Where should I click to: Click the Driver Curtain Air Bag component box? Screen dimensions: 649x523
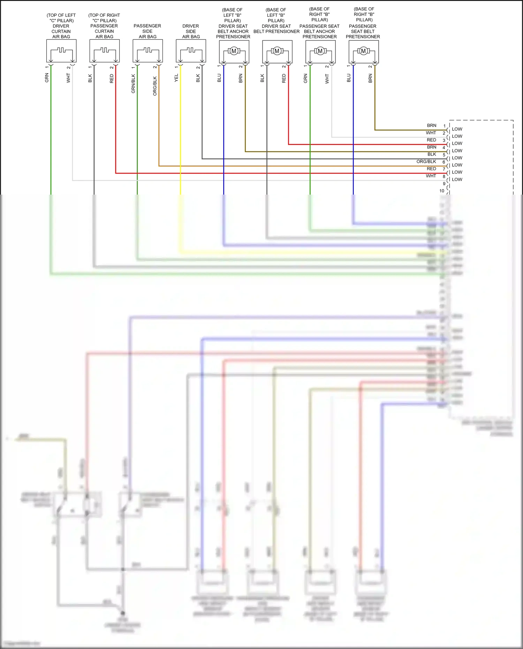[61, 51]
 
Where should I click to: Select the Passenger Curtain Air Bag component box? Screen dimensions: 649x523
[105, 51]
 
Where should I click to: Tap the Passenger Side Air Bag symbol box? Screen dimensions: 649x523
[148, 51]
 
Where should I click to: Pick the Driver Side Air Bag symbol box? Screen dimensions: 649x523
[191, 51]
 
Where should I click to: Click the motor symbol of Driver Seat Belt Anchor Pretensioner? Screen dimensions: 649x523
[234, 51]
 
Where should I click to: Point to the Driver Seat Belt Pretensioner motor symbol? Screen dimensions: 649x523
[277, 51]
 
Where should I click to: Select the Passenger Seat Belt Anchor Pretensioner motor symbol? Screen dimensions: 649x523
[320, 51]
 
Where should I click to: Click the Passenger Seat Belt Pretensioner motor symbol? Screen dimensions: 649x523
[364, 51]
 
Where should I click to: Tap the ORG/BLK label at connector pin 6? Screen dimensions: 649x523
[426, 162]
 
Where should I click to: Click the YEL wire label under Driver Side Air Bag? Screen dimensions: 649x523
[176, 78]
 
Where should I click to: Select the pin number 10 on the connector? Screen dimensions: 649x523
[442, 191]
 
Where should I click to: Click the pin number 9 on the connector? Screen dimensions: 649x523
[444, 184]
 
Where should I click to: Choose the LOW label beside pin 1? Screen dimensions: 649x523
[457, 129]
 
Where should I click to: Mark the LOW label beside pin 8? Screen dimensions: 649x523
[457, 180]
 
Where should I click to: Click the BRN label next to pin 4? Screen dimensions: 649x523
[432, 147]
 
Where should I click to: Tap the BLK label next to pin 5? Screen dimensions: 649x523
[432, 154]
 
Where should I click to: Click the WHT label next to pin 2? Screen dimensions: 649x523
[431, 133]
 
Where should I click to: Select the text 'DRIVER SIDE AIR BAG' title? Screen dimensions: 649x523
[191, 31]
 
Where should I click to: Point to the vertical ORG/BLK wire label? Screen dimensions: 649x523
[155, 86]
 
